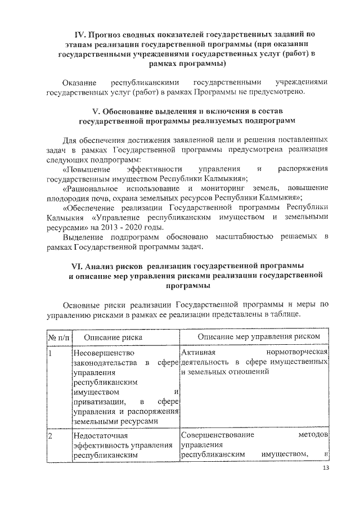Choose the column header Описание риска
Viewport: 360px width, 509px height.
pyautogui.click(x=112, y=336)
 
